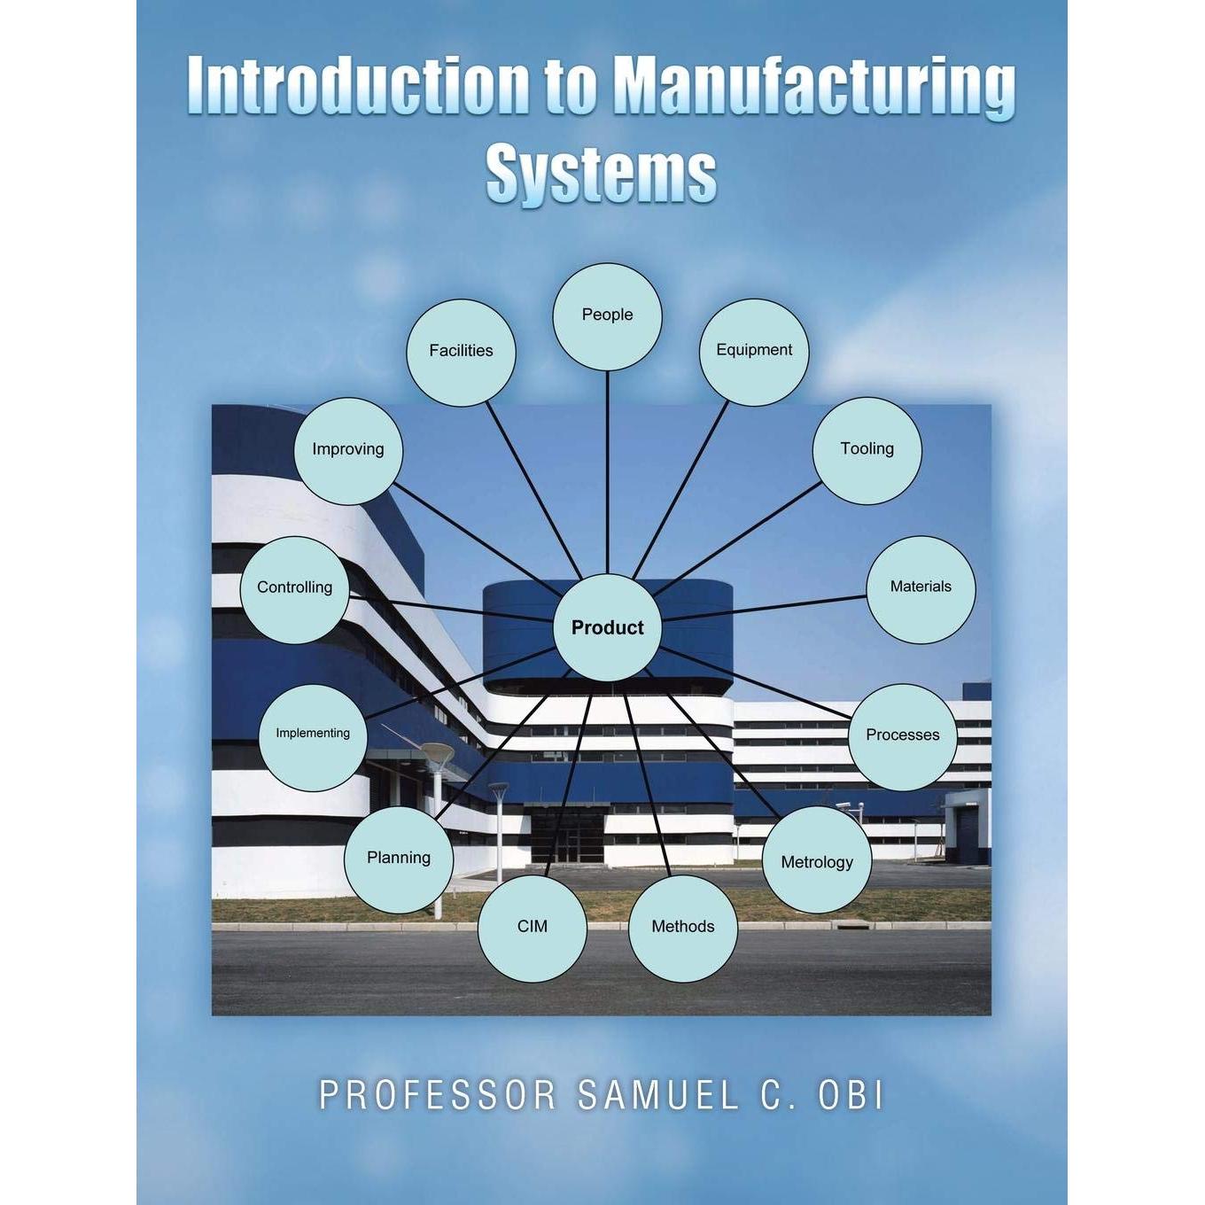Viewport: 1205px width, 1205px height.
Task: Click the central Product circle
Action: pyautogui.click(x=607, y=627)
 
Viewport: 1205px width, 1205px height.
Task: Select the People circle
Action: pyautogui.click(x=607, y=316)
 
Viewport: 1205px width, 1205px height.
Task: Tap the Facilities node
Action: pyautogui.click(x=462, y=353)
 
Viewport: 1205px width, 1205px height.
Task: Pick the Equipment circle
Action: pyautogui.click(x=753, y=353)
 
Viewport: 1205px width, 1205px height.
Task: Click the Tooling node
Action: pyautogui.click(x=867, y=450)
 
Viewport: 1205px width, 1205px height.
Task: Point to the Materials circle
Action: pyautogui.click(x=921, y=589)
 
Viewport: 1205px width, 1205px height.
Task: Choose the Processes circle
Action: pyautogui.click(x=902, y=737)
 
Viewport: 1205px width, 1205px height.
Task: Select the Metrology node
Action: pyautogui.click(x=817, y=859)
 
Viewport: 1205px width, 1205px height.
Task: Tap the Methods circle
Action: pyautogui.click(x=683, y=929)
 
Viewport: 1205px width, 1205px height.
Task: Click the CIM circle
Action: pyautogui.click(x=533, y=929)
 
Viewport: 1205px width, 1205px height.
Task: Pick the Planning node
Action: pyautogui.click(x=399, y=859)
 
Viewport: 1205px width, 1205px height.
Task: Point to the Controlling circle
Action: pyautogui.click(x=294, y=590)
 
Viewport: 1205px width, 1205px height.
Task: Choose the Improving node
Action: pyautogui.click(x=348, y=451)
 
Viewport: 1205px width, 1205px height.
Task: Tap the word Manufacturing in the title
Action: pyautogui.click(x=815, y=88)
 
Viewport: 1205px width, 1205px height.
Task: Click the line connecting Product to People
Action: pyautogui.click(x=607, y=472)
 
